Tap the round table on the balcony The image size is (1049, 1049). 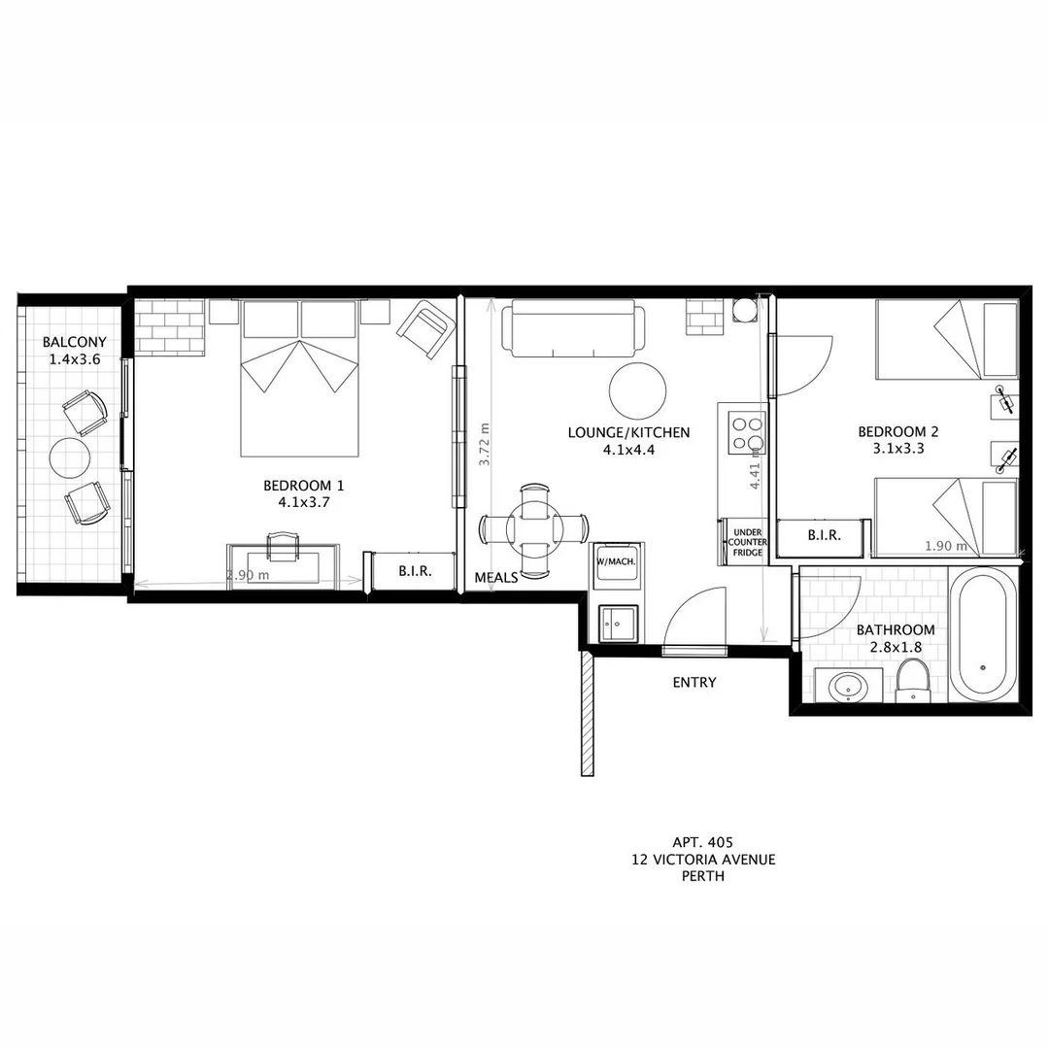[70, 457]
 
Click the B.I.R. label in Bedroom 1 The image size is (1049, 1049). [415, 572]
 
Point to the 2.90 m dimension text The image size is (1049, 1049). [247, 575]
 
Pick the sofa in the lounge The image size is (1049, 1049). [571, 328]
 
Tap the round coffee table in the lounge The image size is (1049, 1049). [638, 390]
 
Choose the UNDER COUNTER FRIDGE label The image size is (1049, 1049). [748, 542]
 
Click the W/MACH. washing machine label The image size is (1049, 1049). [614, 561]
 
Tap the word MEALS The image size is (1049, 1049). [495, 578]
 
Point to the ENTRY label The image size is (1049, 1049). [694, 683]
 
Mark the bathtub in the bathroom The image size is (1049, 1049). [983, 636]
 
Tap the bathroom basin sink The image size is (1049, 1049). [848, 687]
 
